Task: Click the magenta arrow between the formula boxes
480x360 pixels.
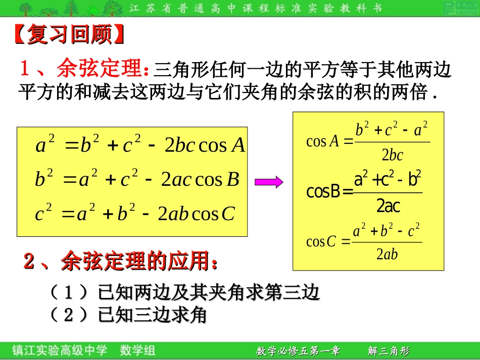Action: pyautogui.click(x=268, y=182)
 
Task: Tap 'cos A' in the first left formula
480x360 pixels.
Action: pyautogui.click(x=222, y=145)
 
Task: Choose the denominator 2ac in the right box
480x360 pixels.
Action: pyautogui.click(x=388, y=206)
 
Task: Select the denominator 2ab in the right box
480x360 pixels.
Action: pyautogui.click(x=387, y=254)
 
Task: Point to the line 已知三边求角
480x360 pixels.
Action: pyautogui.click(x=152, y=316)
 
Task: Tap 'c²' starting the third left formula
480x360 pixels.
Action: pyautogui.click(x=43, y=214)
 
